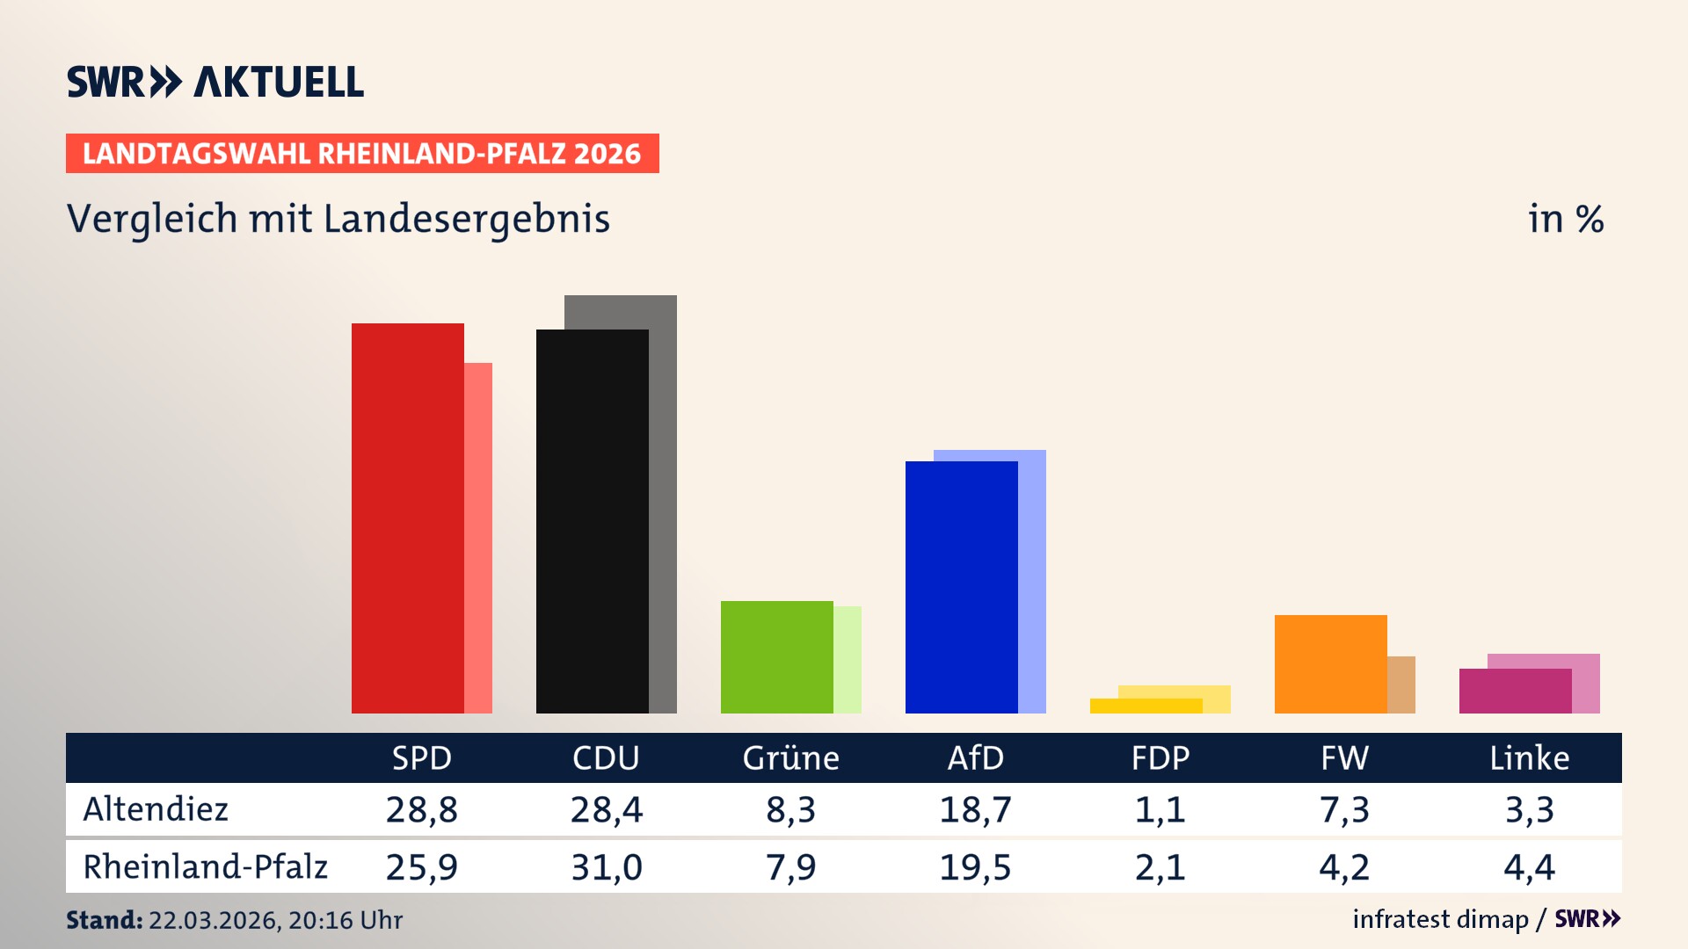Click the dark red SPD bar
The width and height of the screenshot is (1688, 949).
[x=407, y=518]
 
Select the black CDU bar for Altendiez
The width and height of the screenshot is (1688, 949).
[x=592, y=521]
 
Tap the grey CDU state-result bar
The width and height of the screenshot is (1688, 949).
[x=663, y=501]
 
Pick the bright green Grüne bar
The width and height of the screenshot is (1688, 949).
[x=776, y=657]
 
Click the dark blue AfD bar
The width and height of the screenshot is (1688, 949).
[x=961, y=587]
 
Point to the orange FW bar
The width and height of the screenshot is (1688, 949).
[x=1330, y=664]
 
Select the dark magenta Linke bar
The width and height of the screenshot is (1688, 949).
[x=1515, y=692]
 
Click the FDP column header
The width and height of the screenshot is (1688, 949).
[x=1160, y=758]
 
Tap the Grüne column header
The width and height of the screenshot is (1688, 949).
[x=790, y=758]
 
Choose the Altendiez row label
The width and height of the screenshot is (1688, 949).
[x=156, y=809]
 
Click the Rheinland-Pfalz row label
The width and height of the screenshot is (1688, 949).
[x=205, y=867]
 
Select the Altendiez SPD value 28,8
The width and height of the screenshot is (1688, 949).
[x=421, y=809]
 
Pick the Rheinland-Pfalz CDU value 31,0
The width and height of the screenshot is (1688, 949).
[x=606, y=867]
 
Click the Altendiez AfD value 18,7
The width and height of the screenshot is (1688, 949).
[x=975, y=809]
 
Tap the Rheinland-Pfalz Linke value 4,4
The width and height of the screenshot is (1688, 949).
[x=1529, y=867]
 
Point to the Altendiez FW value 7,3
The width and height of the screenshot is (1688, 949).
[x=1344, y=809]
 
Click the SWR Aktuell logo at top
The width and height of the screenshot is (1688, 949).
[x=215, y=82]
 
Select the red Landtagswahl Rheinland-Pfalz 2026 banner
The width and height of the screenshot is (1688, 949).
[x=362, y=154]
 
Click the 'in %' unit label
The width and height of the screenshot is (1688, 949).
[x=1565, y=219]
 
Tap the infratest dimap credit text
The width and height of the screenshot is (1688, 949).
[x=1440, y=919]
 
